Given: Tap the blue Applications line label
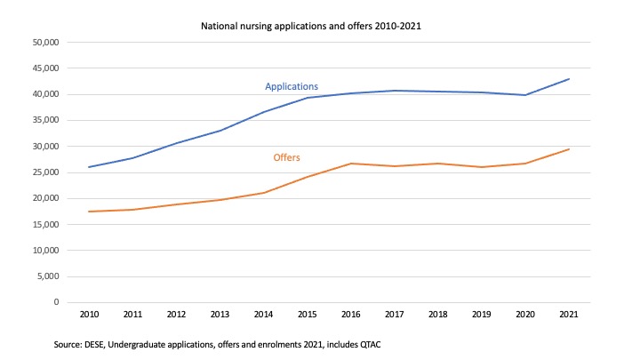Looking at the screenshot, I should (292, 87).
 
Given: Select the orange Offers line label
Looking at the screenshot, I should (286, 157).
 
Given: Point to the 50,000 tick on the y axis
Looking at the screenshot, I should (44, 42).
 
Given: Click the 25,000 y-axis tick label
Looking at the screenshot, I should (44, 172).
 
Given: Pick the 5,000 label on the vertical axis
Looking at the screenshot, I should (46, 276).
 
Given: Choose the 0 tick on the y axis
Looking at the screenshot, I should (54, 302).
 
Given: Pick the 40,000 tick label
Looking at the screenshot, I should (44, 94).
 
